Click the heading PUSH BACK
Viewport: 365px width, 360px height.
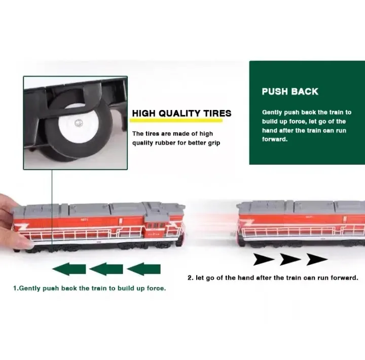click(290, 91)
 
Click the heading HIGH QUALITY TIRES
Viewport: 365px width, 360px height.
click(182, 113)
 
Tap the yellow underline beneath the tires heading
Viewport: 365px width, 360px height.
click(176, 120)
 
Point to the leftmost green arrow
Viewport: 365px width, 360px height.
click(69, 269)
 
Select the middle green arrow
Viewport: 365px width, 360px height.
click(106, 269)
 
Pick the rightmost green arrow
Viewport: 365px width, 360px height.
click(143, 269)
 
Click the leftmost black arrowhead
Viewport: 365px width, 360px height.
click(264, 260)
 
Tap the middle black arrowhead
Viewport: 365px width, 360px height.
click(290, 260)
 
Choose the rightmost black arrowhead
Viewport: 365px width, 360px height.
click(317, 260)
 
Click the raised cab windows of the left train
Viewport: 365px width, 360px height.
click(156, 226)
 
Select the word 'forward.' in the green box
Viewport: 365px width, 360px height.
click(275, 139)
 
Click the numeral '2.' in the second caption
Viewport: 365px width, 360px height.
click(191, 278)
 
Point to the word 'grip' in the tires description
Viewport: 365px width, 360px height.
click(214, 143)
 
